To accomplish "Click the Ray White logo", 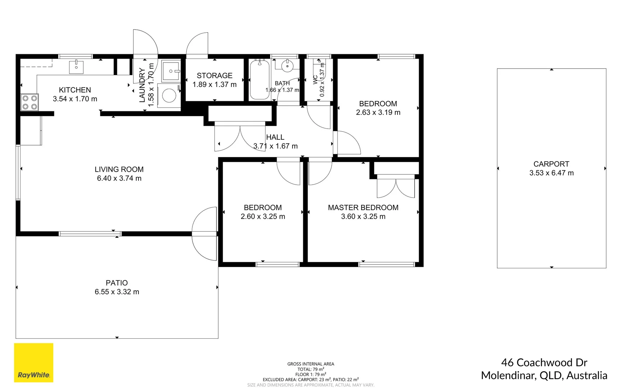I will click(33, 362).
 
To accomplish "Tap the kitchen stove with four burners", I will click(29, 102).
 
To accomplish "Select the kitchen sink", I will click(76, 67).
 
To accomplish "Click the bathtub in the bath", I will click(259, 80).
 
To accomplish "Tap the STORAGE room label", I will click(214, 75).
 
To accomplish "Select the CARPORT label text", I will click(551, 164).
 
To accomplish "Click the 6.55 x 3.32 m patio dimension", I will click(117, 292).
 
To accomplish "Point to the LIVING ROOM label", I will click(119, 169).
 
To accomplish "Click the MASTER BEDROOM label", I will click(363, 207).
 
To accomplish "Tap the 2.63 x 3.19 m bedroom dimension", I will click(378, 112).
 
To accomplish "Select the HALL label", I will click(275, 137).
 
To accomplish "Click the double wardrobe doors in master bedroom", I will click(396, 188).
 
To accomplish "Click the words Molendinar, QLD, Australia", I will click(544, 375).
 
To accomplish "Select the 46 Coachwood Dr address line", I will click(544, 362).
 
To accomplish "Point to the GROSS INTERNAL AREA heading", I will click(310, 364).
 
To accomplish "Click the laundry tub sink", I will click(171, 71).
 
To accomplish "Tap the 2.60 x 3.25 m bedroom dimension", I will click(263, 217).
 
